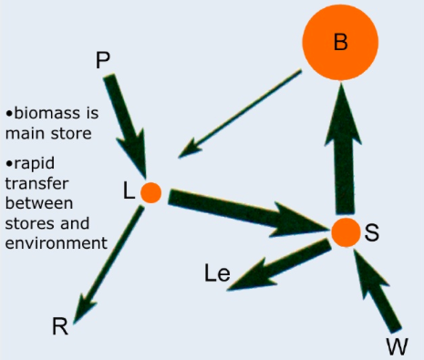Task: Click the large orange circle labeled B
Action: (x=340, y=43)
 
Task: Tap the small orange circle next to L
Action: (x=151, y=193)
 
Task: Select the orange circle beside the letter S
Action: (x=346, y=232)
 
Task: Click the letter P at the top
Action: (x=104, y=60)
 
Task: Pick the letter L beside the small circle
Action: (x=129, y=191)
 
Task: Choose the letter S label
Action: (x=372, y=232)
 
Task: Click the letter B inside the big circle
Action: (x=340, y=43)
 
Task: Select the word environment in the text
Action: (x=56, y=243)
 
